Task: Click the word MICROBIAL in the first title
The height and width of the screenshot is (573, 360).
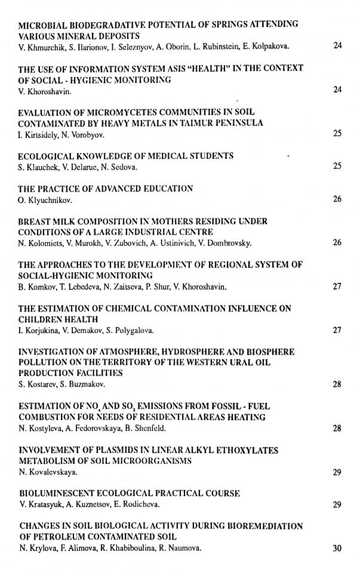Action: [43, 24]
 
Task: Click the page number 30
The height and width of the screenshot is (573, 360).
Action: [337, 549]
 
